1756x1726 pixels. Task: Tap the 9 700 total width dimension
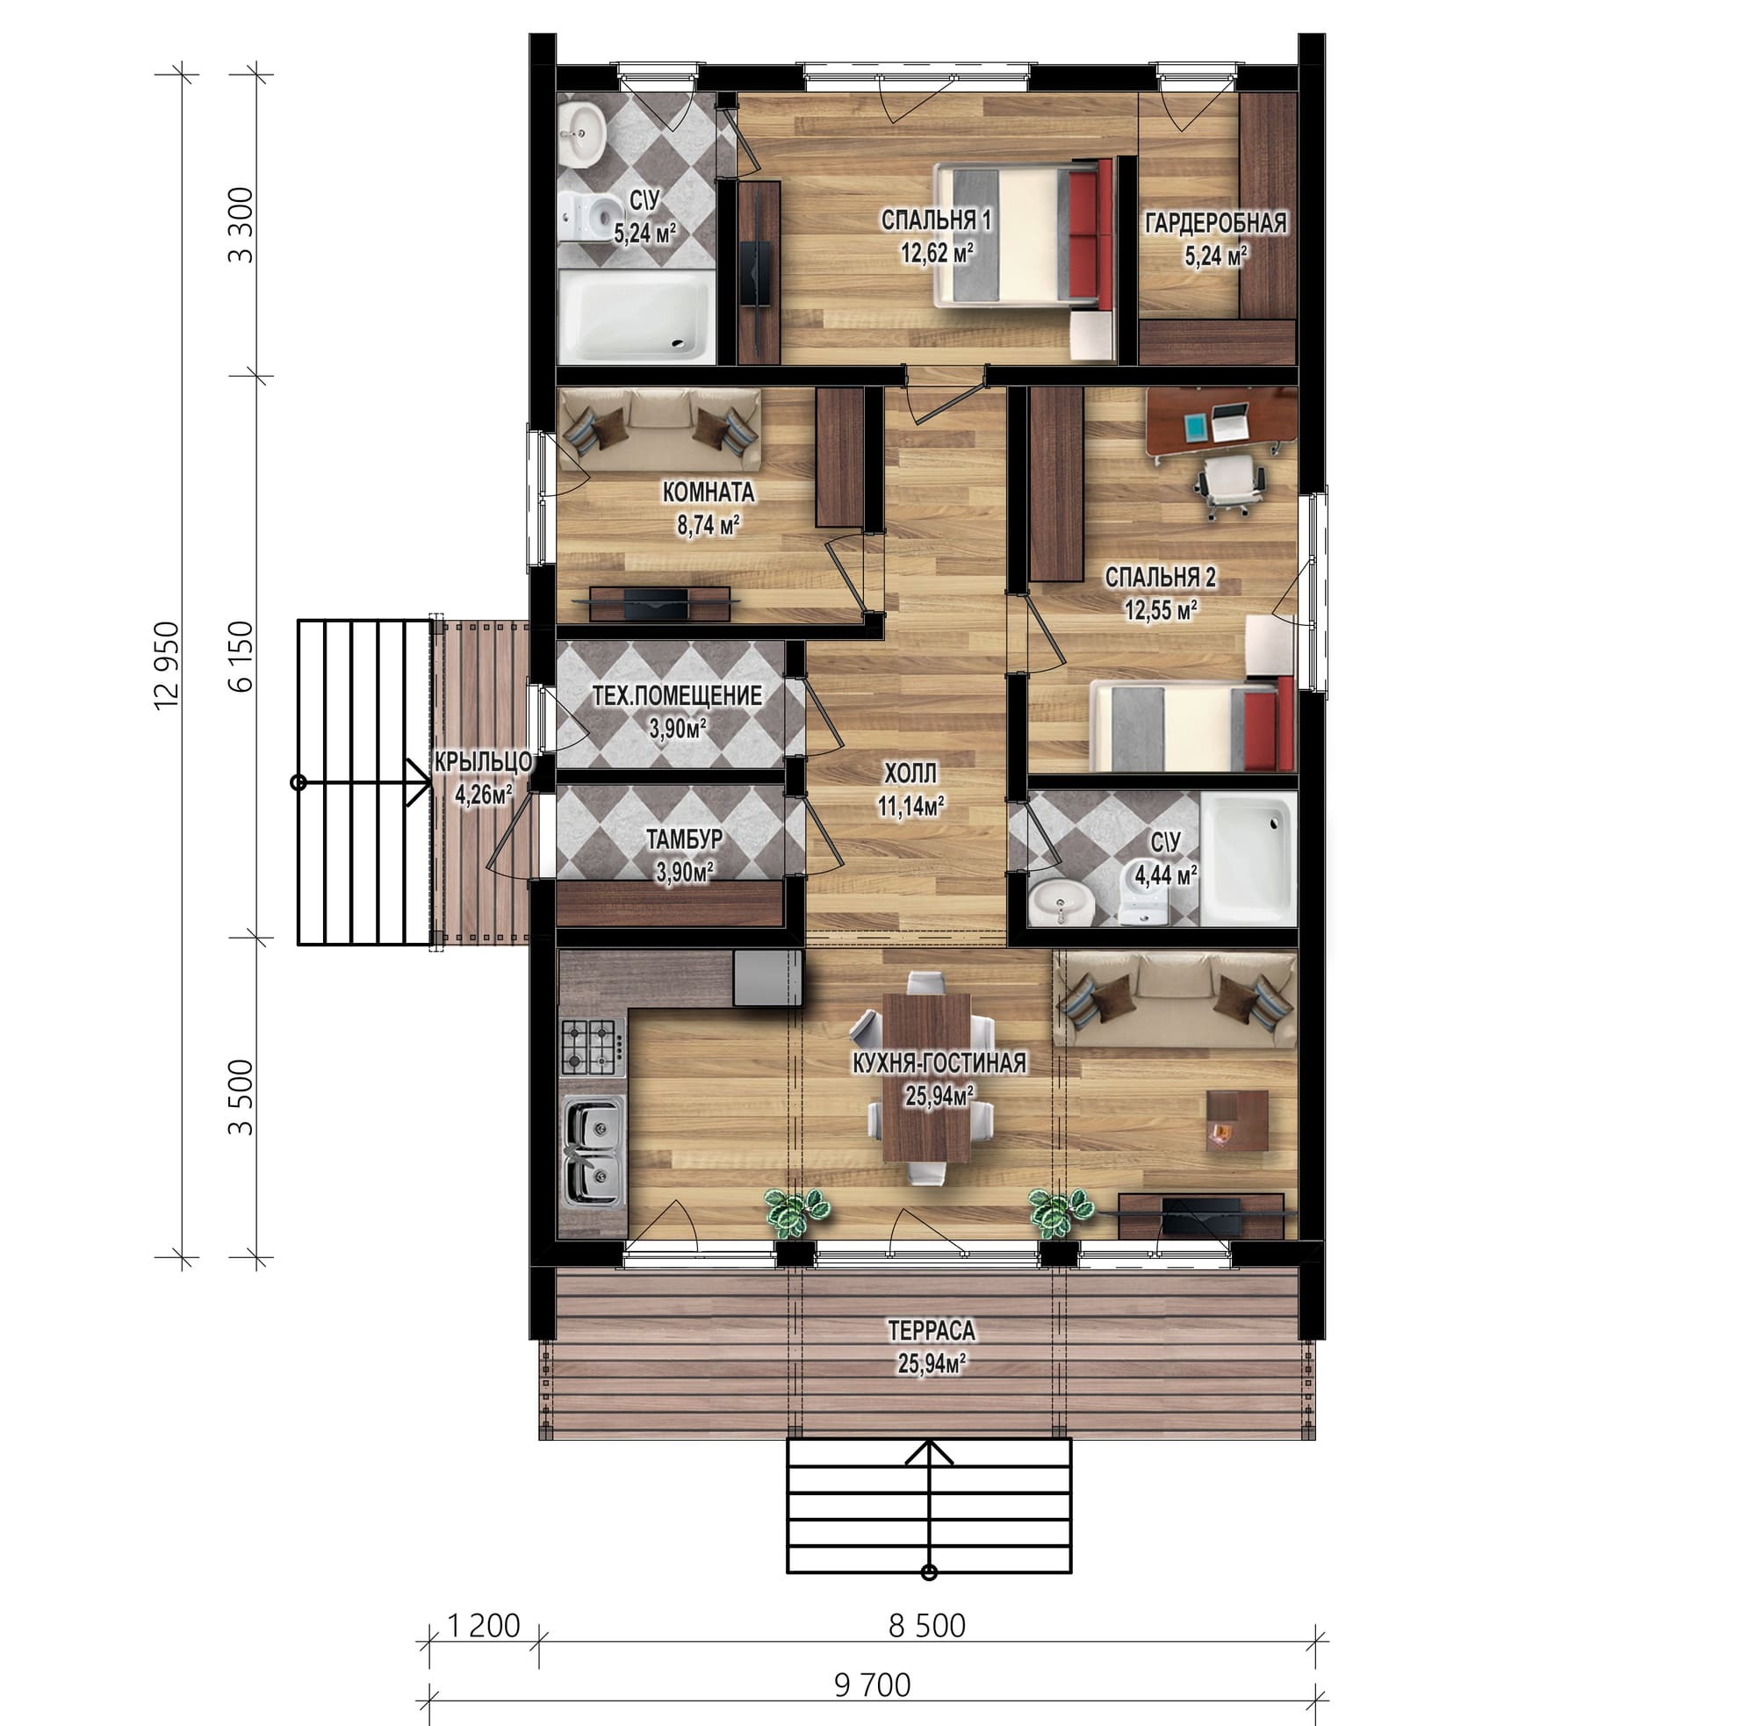[871, 1685]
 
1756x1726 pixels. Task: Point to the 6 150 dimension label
[241, 657]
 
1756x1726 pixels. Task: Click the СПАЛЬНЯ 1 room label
[937, 219]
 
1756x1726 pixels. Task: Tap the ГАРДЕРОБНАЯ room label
[1215, 223]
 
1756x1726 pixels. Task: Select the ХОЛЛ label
[910, 773]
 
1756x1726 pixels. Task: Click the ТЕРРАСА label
[931, 1331]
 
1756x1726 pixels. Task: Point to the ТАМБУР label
[685, 838]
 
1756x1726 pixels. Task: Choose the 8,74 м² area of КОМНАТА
[708, 525]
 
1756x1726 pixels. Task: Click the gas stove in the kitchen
[592, 1047]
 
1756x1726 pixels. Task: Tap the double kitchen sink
[594, 1151]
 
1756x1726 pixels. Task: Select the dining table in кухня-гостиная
[925, 1077]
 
